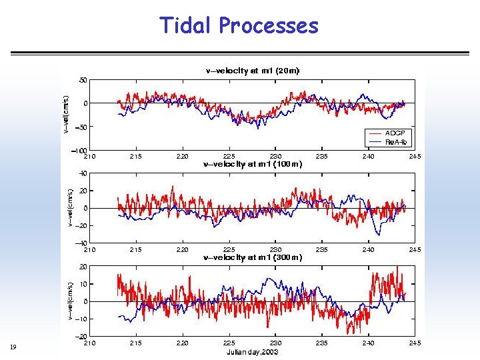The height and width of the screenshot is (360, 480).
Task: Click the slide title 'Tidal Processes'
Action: pos(239,25)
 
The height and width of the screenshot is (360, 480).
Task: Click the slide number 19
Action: pos(13,347)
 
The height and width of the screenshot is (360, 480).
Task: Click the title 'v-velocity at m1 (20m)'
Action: pos(251,70)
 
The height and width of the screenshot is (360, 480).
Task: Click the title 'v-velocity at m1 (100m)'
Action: pos(253,163)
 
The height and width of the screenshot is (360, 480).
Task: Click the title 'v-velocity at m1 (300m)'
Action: pos(253,257)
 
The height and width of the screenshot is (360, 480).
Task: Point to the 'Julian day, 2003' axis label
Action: pos(253,351)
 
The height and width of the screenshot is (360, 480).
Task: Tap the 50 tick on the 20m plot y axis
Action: pos(83,80)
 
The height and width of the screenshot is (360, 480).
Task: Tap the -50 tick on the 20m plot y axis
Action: pos(80,127)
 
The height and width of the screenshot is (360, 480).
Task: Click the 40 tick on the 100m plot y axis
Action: pos(83,173)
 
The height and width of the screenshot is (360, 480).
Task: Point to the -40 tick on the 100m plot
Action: pos(80,243)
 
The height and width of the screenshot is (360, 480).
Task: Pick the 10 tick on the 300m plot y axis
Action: pos(83,284)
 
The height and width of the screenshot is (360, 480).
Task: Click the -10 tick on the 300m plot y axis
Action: pos(80,319)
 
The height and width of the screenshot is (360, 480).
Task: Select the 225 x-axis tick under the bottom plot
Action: pos(229,343)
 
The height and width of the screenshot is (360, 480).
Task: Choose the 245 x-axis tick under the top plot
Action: pos(415,157)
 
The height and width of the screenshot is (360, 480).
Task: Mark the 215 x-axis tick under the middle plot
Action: pos(136,250)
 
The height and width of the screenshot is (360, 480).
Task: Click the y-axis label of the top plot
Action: pos(65,114)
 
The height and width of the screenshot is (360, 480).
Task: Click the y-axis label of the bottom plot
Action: pos(70,301)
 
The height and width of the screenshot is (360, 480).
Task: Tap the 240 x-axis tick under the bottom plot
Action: pos(369,343)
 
